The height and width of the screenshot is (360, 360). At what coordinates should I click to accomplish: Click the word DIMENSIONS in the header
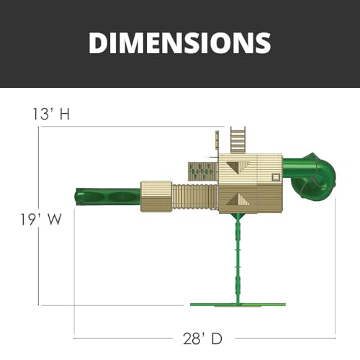pos(180,42)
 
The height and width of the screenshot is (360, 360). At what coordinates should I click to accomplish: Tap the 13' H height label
pos(51,114)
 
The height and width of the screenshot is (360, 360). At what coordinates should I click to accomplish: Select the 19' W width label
pos(41,220)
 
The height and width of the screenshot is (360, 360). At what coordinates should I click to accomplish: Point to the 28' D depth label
pos(203,338)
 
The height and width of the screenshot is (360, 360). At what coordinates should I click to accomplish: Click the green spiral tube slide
pos(312,175)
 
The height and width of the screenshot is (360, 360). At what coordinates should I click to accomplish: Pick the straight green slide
pos(108,197)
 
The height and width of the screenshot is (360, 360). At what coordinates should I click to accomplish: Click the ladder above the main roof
pos(238,140)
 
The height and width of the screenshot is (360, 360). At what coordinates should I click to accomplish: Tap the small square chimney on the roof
pos(276,177)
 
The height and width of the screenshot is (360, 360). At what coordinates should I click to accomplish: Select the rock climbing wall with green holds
pos(203,171)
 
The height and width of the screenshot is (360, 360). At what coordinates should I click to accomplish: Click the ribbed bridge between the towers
pos(194,197)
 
